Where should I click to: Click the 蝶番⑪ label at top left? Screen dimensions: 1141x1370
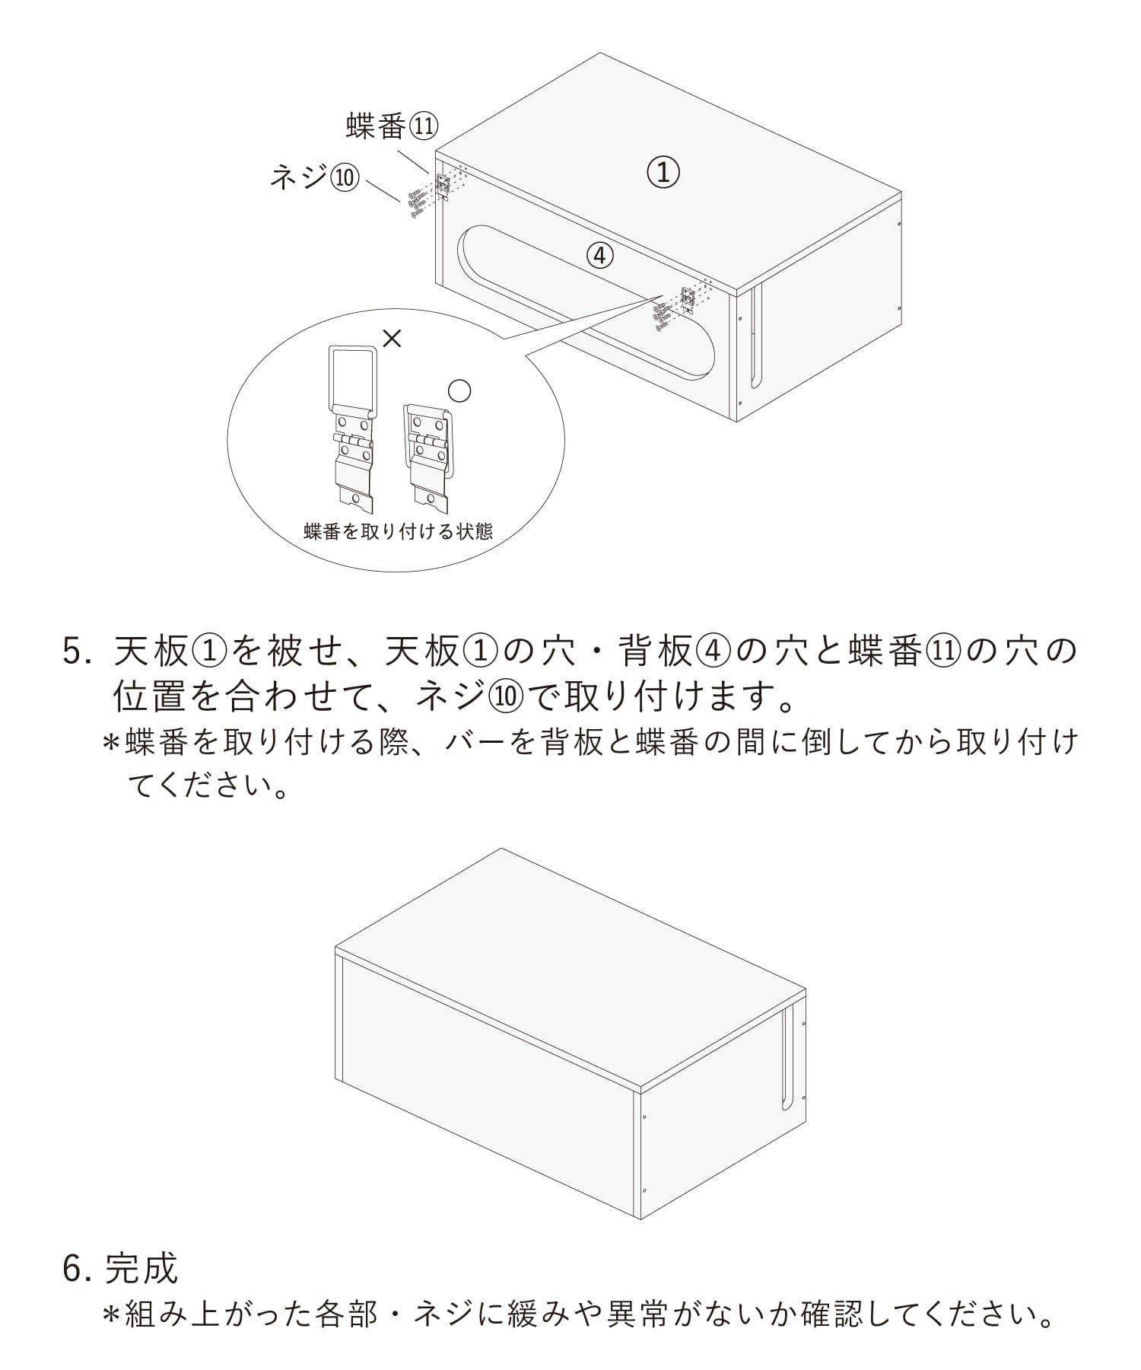(392, 126)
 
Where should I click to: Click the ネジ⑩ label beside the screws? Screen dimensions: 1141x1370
(313, 177)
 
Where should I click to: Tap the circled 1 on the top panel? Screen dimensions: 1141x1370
(663, 172)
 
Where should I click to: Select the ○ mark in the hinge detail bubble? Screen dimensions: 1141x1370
(459, 391)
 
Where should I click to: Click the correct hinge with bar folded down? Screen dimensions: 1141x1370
(428, 454)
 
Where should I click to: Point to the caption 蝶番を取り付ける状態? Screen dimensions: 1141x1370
(398, 531)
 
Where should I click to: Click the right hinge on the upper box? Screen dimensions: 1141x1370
(688, 300)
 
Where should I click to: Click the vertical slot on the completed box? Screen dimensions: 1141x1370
(785, 1056)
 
